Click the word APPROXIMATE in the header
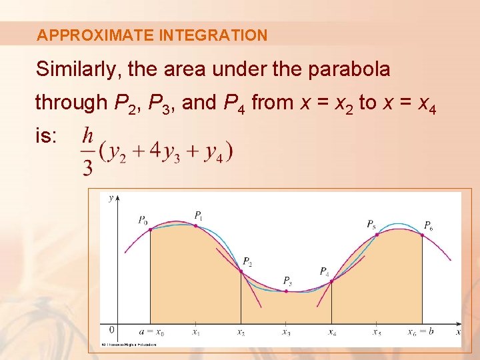coord(95,35)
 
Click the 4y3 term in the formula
coord(164,153)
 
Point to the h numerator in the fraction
coord(87,137)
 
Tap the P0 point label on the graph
coord(143,219)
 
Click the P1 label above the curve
coord(199,215)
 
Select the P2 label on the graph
coord(247,261)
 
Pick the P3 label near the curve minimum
coord(287,280)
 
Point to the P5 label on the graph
coord(371,224)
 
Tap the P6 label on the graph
coord(428,225)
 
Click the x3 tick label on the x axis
coord(286,332)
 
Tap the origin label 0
coord(111,329)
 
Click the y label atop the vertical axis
coord(111,197)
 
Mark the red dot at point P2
coord(241,270)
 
